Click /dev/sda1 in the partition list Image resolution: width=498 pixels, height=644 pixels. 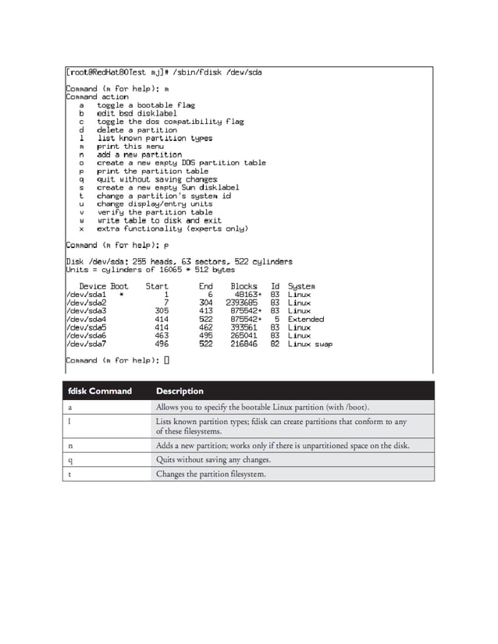pos(86,295)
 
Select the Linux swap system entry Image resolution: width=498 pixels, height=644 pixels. pos(310,344)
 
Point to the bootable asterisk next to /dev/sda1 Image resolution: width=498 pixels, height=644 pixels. pos(121,295)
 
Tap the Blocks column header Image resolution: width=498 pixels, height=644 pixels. pos(244,286)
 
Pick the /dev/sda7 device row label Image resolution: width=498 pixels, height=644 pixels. pos(86,344)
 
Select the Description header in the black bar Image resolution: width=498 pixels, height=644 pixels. pos(180,391)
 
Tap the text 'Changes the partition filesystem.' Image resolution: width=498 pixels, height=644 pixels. pos(211,473)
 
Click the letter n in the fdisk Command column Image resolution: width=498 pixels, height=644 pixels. pos(71,445)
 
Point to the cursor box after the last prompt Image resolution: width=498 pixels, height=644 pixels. pos(167,360)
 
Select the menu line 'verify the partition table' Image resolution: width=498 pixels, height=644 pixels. pos(155,212)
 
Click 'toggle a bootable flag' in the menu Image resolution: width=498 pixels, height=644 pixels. pos(146,105)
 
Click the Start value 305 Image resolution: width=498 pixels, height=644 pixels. pos(162,311)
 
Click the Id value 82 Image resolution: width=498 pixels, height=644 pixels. pos(275,344)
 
